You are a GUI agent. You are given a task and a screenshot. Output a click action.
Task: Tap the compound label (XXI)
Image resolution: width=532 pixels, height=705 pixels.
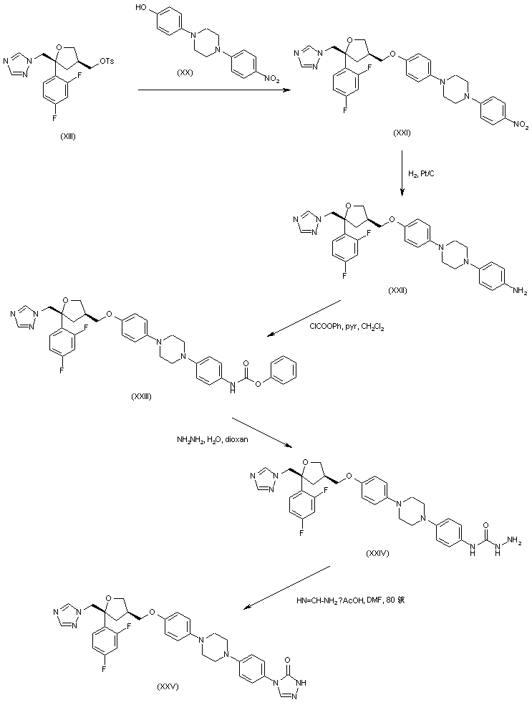(402, 133)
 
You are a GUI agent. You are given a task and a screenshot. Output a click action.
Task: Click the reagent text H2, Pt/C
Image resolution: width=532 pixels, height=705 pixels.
(420, 173)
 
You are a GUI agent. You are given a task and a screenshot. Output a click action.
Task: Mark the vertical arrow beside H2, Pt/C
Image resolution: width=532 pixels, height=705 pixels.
(402, 173)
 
